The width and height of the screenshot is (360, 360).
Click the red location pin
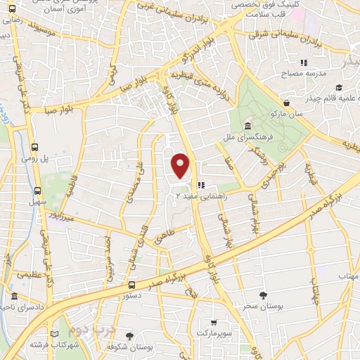(x=181, y=165)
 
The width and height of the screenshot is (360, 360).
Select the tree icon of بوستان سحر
(x=264, y=295)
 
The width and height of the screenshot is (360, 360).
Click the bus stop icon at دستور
(x=132, y=285)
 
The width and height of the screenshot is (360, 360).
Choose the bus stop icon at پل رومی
(x=35, y=147)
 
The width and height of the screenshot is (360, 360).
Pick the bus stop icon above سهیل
(x=37, y=190)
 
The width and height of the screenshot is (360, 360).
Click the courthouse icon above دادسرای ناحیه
(x=15, y=297)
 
